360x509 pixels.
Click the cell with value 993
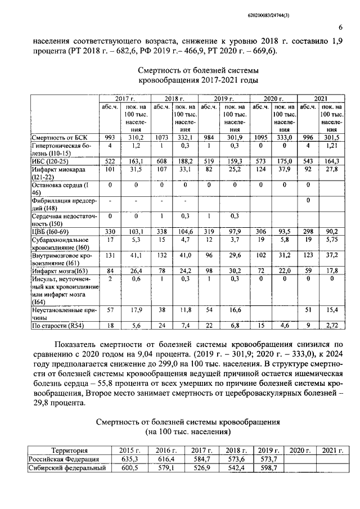pos(109,137)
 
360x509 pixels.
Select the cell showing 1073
pos(160,137)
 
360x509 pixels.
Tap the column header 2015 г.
pos(129,450)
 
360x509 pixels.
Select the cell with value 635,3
pos(129,459)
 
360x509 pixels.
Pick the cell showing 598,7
pos(268,468)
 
